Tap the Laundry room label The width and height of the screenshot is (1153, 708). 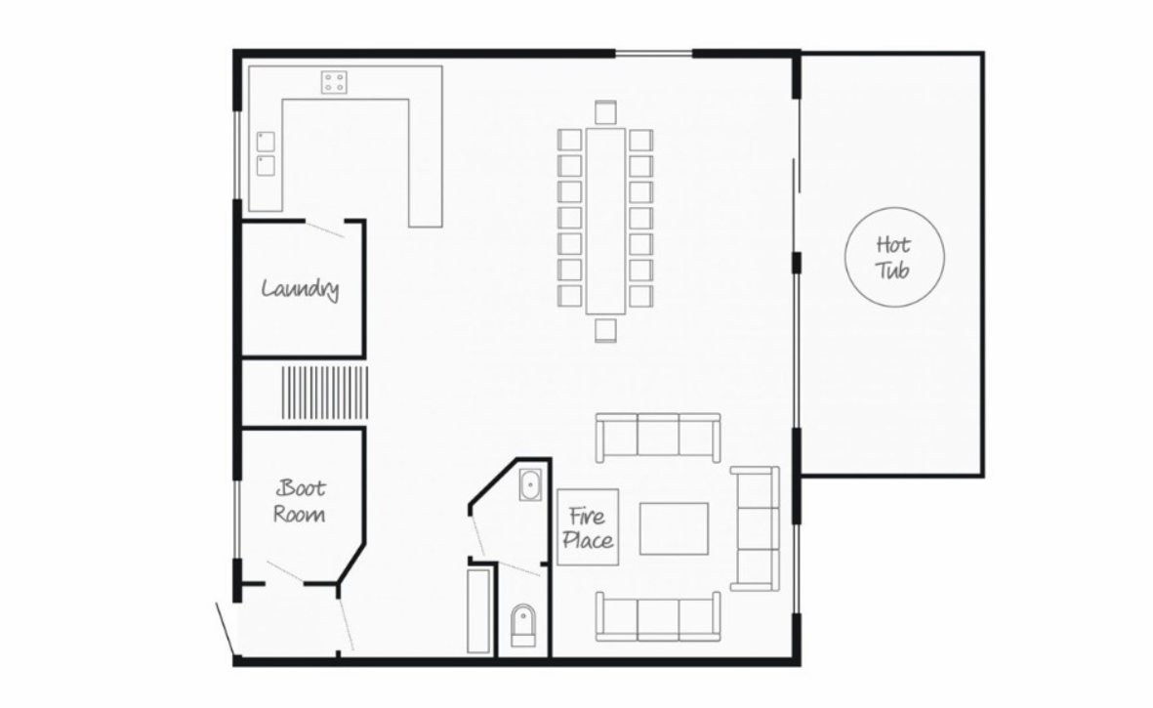pyautogui.click(x=300, y=288)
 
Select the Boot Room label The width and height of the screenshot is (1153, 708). pyautogui.click(x=300, y=501)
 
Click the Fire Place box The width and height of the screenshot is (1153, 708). pyautogui.click(x=588, y=527)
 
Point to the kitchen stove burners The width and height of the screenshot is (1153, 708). pyautogui.click(x=334, y=82)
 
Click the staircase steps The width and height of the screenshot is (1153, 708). pyautogui.click(x=324, y=393)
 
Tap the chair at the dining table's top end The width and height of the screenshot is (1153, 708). pyautogui.click(x=605, y=111)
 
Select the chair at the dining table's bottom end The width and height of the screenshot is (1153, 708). pyautogui.click(x=605, y=330)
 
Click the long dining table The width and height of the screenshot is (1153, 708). pyautogui.click(x=605, y=222)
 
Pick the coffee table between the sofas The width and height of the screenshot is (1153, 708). pyautogui.click(x=674, y=528)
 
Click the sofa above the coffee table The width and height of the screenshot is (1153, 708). pyautogui.click(x=657, y=437)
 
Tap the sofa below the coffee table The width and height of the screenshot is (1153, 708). pyautogui.click(x=657, y=616)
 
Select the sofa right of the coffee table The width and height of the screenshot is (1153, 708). pyautogui.click(x=756, y=528)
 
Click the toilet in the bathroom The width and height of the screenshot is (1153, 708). pyautogui.click(x=523, y=625)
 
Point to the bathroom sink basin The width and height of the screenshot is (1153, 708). pyautogui.click(x=529, y=484)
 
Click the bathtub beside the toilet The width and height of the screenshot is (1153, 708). pyautogui.click(x=479, y=610)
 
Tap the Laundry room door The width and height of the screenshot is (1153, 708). pyautogui.click(x=324, y=229)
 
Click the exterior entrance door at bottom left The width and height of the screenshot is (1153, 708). pyautogui.click(x=227, y=629)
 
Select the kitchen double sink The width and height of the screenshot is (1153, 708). pyautogui.click(x=266, y=153)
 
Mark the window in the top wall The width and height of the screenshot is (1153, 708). pyautogui.click(x=654, y=53)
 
